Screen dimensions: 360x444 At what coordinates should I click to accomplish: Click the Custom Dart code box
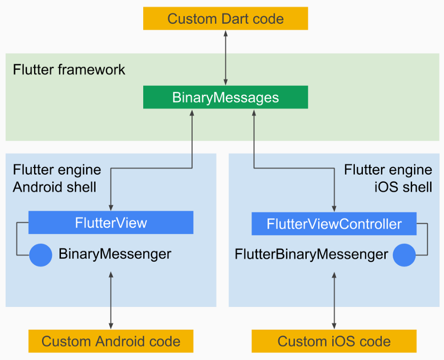[x=225, y=19]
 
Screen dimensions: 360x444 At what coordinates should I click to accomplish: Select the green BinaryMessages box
[x=225, y=97]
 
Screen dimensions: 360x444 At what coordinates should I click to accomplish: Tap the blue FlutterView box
[x=111, y=223]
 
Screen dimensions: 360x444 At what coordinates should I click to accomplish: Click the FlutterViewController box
[x=334, y=224]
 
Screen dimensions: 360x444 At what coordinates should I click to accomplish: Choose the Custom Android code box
[x=111, y=342]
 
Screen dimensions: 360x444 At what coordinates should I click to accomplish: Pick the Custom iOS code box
[x=334, y=342]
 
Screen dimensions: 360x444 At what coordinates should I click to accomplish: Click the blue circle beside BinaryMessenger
[x=41, y=255]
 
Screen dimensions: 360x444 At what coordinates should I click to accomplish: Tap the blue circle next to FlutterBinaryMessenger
[x=404, y=255]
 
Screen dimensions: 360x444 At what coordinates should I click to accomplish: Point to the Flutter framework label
[x=69, y=70]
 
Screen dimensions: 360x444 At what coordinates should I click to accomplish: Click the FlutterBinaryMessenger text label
[x=311, y=254]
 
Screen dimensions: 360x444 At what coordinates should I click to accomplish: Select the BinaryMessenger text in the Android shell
[x=115, y=254]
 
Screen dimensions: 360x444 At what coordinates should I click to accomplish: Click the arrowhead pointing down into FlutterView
[x=111, y=207]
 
